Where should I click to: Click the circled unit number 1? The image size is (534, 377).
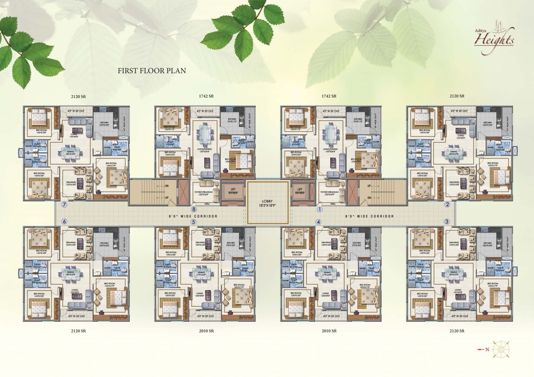pyautogui.click(x=320, y=209)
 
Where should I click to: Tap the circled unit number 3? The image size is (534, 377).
pyautogui.click(x=447, y=221)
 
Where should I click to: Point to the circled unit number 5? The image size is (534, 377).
pyautogui.click(x=193, y=222)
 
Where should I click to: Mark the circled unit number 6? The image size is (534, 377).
pyautogui.click(x=64, y=221)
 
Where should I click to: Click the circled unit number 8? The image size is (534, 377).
pyautogui.click(x=193, y=209)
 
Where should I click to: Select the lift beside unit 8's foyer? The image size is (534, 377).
pyautogui.click(x=233, y=188)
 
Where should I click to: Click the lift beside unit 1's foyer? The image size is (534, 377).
pyautogui.click(x=299, y=188)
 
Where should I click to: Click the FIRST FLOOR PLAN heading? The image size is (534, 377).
pyautogui.click(x=152, y=71)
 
